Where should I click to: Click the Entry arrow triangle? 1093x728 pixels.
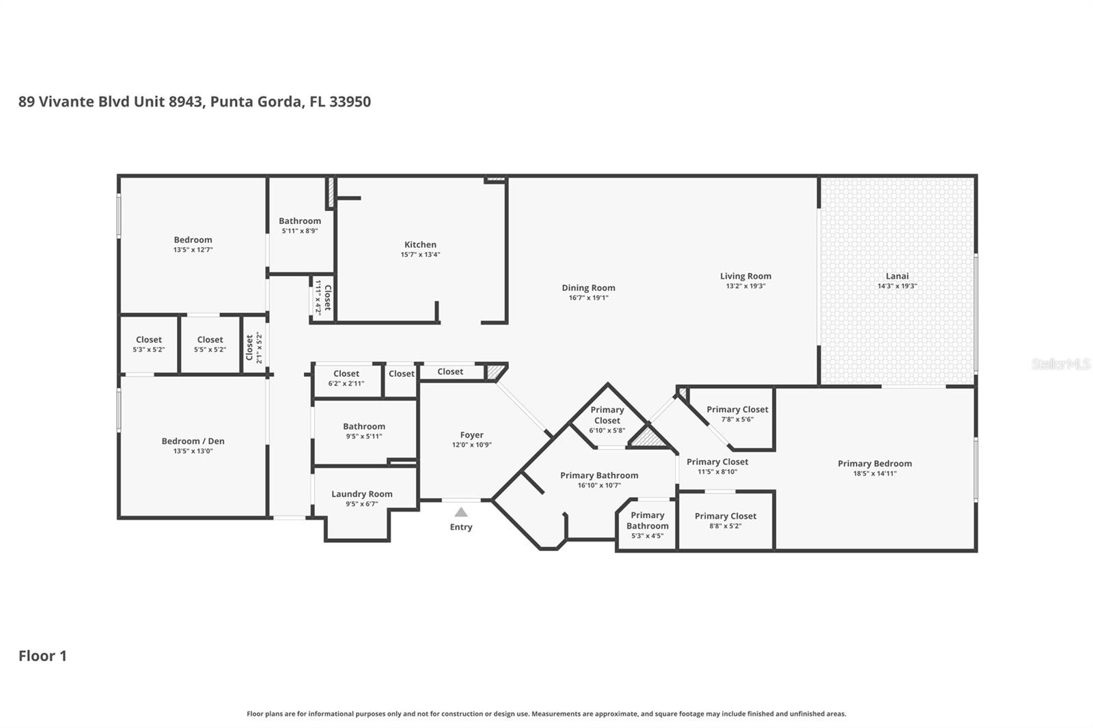[461, 512]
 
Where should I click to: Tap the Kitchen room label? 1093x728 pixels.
[420, 244]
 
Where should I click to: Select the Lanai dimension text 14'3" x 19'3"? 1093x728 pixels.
[897, 286]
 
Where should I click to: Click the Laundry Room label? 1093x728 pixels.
[361, 494]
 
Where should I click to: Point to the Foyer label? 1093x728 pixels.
[471, 435]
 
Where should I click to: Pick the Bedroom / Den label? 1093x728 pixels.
[193, 441]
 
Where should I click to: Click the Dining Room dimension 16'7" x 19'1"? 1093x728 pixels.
[588, 298]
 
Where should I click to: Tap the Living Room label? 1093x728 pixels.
[745, 276]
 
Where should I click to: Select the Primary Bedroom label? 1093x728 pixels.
[874, 464]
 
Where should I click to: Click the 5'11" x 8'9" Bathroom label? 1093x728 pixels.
[299, 221]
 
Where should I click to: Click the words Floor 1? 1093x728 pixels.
[42, 656]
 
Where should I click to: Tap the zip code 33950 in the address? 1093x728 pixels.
[350, 102]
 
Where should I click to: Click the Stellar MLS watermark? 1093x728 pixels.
[1060, 364]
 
